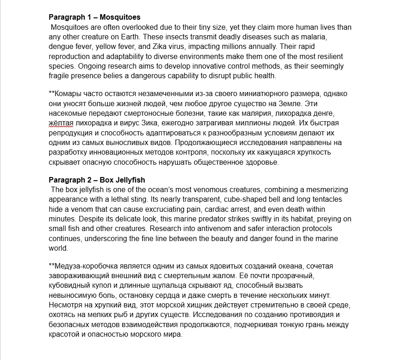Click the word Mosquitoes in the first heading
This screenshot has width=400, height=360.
tap(119, 18)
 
